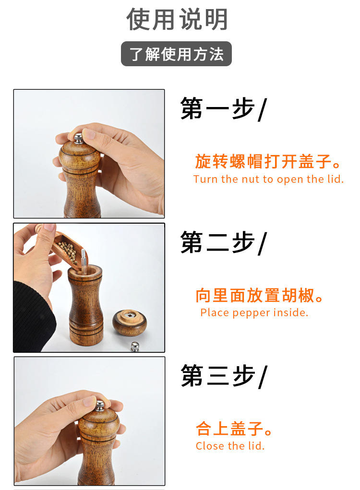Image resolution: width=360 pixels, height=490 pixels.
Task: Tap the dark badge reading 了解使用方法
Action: [176, 54]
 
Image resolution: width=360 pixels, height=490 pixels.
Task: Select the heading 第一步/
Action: [222, 109]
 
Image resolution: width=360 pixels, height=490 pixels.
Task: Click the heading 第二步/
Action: [222, 242]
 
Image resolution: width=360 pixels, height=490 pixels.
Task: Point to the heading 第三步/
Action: [222, 375]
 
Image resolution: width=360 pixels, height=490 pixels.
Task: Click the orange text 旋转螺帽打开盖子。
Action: [268, 162]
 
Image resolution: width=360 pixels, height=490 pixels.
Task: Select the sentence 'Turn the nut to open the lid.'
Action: [268, 179]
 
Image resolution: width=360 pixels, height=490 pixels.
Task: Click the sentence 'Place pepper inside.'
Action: [254, 313]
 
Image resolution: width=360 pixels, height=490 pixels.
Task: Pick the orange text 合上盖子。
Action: [234, 428]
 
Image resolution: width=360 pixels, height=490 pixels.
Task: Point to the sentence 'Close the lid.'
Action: [230, 446]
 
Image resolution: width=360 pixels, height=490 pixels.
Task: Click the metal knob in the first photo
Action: [78, 138]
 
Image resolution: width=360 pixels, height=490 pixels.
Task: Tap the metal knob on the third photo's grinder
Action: [99, 406]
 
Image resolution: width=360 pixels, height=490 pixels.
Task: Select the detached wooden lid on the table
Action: [129, 322]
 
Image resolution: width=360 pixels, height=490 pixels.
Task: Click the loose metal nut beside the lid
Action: [135, 347]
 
